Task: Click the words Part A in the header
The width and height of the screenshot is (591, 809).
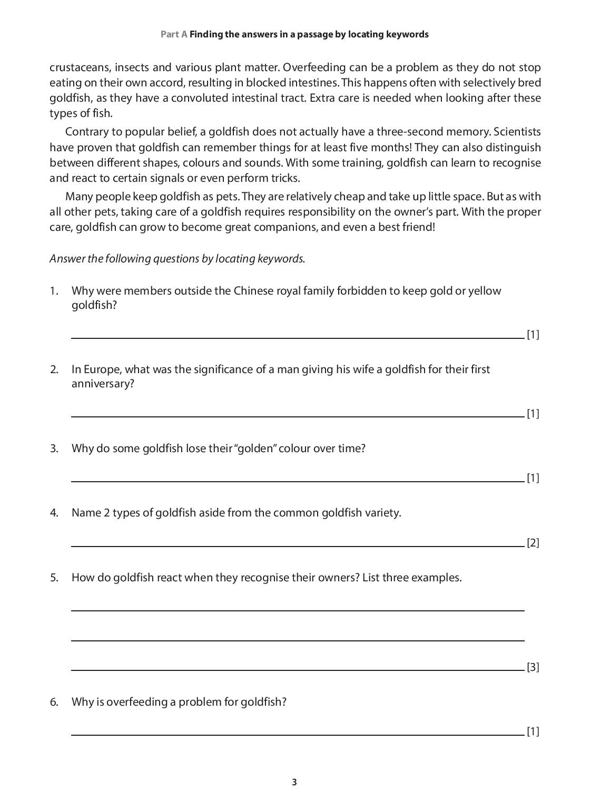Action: pyautogui.click(x=174, y=34)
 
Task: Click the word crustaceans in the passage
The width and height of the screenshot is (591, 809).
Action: pyautogui.click(x=79, y=67)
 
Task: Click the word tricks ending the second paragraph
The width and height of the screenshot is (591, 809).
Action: pyautogui.click(x=285, y=178)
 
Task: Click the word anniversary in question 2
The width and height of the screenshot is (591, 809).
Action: pyautogui.click(x=102, y=384)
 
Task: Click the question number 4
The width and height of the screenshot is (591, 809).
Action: pyautogui.click(x=54, y=513)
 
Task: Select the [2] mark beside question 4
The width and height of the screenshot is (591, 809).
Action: pyautogui.click(x=533, y=543)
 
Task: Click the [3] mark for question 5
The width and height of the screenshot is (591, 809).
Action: pyautogui.click(x=533, y=667)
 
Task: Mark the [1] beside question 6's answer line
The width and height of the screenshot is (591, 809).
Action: pyautogui.click(x=533, y=732)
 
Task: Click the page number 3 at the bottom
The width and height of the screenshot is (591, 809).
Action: pyautogui.click(x=294, y=782)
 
